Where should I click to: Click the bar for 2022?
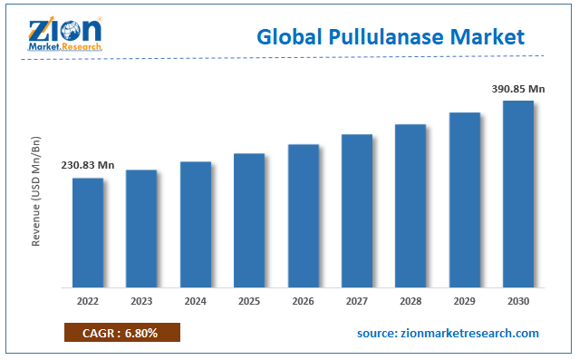click(x=88, y=232)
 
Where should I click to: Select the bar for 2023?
click(x=141, y=228)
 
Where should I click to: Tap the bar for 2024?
click(x=196, y=224)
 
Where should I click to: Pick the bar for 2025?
click(x=249, y=219)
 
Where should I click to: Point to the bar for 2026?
click(x=304, y=215)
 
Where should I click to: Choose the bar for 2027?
click(x=357, y=210)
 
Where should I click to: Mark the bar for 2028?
click(x=410, y=205)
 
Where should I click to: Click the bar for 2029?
click(x=465, y=199)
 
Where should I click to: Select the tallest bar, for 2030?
click(x=518, y=193)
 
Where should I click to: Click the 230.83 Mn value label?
click(x=88, y=165)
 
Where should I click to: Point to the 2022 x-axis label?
click(x=88, y=301)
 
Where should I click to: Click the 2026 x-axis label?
click(x=304, y=301)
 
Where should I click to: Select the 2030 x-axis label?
click(x=518, y=301)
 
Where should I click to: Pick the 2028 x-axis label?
click(x=410, y=301)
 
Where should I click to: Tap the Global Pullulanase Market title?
click(x=391, y=37)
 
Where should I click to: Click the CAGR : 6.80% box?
click(x=122, y=333)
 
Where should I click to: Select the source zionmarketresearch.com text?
click(x=448, y=334)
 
